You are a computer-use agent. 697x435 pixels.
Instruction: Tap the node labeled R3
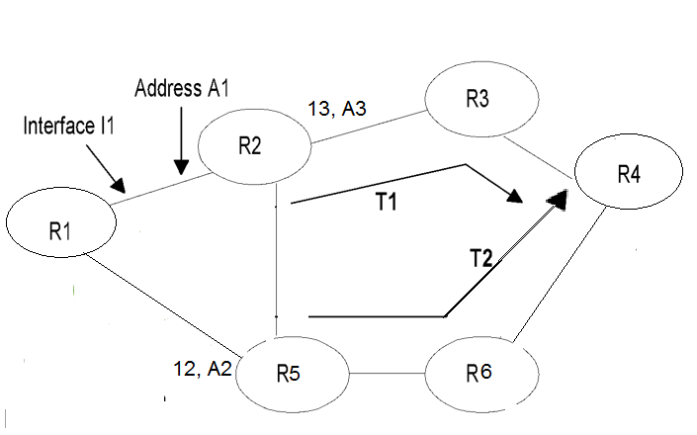pos(481,101)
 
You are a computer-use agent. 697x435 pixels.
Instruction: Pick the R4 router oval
pos(627,176)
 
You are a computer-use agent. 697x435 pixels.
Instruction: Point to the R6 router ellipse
pos(481,374)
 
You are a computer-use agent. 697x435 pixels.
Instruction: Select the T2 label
pos(481,260)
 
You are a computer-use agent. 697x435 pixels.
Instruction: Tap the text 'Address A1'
pos(182,89)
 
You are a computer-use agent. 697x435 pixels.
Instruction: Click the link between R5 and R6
pos(388,375)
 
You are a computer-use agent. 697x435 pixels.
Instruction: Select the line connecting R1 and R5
pos(163,305)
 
